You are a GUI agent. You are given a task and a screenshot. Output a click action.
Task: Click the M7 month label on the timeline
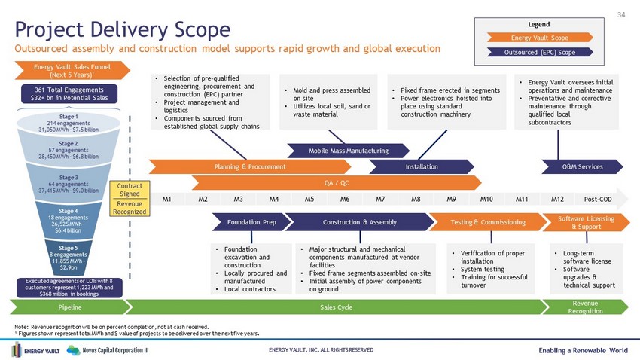380,199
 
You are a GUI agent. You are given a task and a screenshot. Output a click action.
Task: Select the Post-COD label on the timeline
598,199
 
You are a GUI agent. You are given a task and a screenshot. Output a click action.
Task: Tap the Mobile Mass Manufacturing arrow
348,151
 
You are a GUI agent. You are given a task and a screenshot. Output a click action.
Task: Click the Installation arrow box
422,166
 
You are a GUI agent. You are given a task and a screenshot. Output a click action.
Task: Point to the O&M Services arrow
582,166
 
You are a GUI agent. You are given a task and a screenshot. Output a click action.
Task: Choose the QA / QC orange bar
337,183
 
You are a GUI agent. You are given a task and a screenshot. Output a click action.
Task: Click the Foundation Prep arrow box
251,222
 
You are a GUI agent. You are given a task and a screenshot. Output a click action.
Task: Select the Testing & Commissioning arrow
488,222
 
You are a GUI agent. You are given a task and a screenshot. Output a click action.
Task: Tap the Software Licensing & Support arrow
586,222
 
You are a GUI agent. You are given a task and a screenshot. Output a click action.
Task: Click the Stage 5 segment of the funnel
69,258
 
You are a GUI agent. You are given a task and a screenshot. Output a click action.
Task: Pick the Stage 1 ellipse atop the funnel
69,123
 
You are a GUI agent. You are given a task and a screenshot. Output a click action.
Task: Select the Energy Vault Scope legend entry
540,38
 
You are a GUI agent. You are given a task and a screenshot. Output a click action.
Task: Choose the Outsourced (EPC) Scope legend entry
540,52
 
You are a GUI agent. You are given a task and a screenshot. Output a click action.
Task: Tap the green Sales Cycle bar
336,307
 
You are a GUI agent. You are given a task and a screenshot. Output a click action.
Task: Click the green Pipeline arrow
70,307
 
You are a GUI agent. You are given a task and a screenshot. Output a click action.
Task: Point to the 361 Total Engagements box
69,94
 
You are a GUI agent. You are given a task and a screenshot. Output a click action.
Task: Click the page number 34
621,15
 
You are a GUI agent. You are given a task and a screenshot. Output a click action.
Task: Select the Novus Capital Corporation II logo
107,350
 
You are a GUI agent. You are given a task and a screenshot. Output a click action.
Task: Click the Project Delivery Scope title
123,29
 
